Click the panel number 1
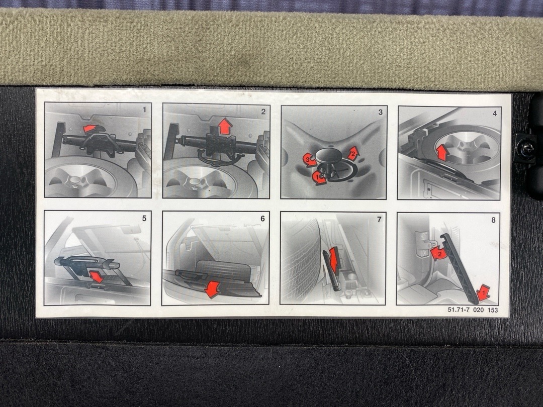pos(144,110)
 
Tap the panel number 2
pos(263,112)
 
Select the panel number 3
pos(381,112)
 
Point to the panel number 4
pos(495,113)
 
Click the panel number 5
pos(144,219)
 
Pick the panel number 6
pos(262,219)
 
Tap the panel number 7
pos(379,220)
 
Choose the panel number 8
pos(494,220)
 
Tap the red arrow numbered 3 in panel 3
pos(309,160)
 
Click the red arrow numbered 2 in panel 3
pos(353,153)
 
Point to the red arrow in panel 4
pos(441,153)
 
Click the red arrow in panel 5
pos(96,277)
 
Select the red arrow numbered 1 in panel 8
pos(483,293)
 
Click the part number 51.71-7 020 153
pos(473,310)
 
